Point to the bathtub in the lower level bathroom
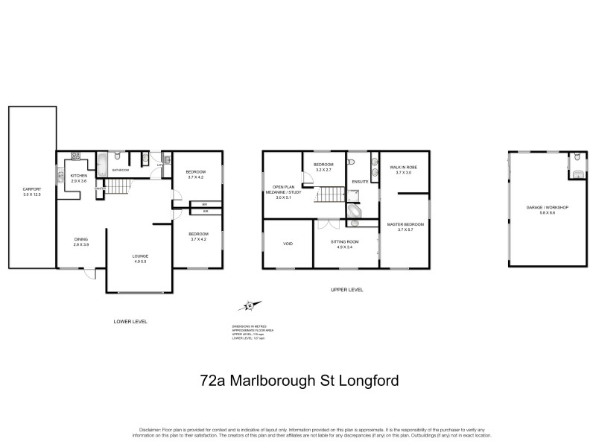point(102,159)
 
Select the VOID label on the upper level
point(288,243)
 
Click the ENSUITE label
point(361,181)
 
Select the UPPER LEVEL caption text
point(346,290)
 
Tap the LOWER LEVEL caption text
point(130,321)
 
